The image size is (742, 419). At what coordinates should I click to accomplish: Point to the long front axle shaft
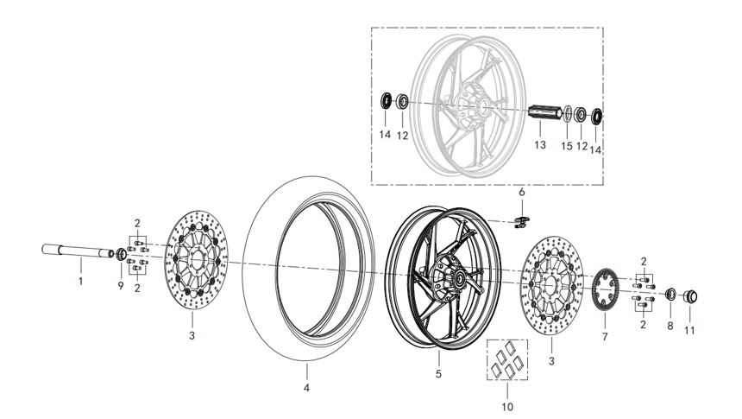[78, 252]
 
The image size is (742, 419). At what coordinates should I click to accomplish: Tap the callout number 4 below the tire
[306, 388]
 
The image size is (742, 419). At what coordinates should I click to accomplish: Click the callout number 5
[438, 374]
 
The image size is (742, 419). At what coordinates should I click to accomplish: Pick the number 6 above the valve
[521, 191]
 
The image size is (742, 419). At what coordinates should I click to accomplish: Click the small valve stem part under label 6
[521, 222]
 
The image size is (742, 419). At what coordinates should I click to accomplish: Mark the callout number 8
[670, 327]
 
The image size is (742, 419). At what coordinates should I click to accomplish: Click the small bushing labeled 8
[670, 295]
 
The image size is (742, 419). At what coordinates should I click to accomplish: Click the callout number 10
[506, 405]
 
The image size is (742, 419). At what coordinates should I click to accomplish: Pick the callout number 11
[689, 329]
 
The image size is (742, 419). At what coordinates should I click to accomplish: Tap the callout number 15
[567, 147]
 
